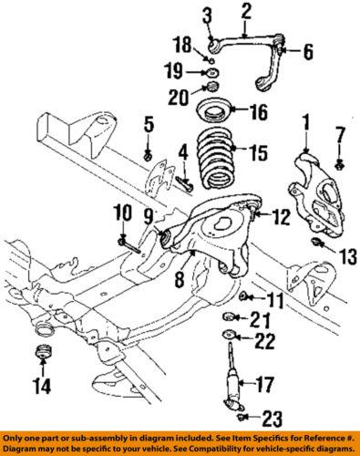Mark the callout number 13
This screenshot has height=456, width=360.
tap(349, 258)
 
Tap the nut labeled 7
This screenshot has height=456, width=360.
tap(338, 164)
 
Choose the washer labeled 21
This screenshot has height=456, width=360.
tap(231, 316)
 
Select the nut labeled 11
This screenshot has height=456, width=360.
tap(245, 297)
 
